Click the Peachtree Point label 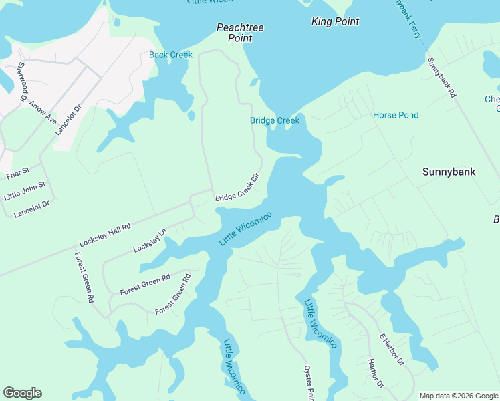click(240, 33)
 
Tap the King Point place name click(336, 22)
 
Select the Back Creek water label click(170, 55)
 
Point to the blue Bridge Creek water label click(275, 120)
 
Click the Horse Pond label click(396, 115)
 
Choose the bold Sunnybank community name click(449, 172)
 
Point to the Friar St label click(18, 174)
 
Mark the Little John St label click(25, 191)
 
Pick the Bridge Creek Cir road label click(237, 188)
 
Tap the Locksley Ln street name click(149, 241)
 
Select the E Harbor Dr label click(392, 350)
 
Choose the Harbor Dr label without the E click(375, 374)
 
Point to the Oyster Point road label click(308, 383)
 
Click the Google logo click(22, 393)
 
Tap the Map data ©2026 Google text click(459, 396)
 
